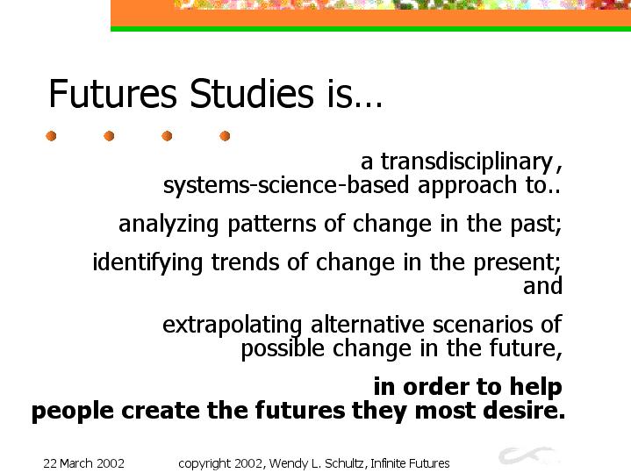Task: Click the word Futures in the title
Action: coord(112,93)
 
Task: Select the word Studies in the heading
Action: coord(252,93)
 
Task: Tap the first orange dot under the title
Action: coord(51,136)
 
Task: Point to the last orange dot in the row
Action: coord(225,136)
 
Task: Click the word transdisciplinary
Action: coord(467,161)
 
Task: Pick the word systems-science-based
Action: coord(286,185)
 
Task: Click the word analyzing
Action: coord(169,224)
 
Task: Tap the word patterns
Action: coord(272,224)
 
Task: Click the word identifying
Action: coord(147,262)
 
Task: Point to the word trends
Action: coord(245,262)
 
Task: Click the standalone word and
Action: coord(542,286)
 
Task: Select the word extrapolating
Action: coord(233,326)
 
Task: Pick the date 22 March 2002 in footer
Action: coord(83,463)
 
